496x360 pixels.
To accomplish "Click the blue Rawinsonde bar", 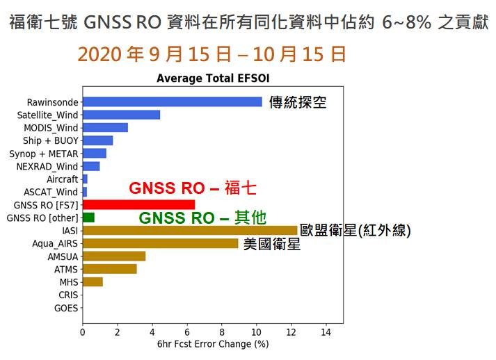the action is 173,101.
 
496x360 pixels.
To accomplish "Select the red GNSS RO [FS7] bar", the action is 139,205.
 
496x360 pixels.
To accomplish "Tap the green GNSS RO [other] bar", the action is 88,218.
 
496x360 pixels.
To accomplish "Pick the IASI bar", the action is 190,231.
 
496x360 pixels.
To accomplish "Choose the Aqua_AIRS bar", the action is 161,243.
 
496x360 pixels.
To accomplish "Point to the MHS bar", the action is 93,282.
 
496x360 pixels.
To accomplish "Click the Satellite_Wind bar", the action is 122,115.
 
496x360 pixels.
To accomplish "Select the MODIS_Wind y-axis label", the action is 51,128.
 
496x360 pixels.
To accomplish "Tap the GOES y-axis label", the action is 66,308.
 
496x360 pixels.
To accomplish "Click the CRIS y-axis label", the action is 68,295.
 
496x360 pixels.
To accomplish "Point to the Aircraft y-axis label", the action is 63,179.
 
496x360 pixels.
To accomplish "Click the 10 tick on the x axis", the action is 256,332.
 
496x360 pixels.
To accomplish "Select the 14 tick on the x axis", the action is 326,332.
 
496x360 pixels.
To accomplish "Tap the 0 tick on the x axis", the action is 83,332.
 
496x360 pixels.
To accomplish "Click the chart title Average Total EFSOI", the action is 213,78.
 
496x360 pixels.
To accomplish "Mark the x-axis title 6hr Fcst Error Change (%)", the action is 213,344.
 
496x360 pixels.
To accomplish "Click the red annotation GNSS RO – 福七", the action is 192,188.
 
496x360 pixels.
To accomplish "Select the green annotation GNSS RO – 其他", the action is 202,218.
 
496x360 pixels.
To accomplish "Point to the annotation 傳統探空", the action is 297,102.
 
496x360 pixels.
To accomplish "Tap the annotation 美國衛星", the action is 272,244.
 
